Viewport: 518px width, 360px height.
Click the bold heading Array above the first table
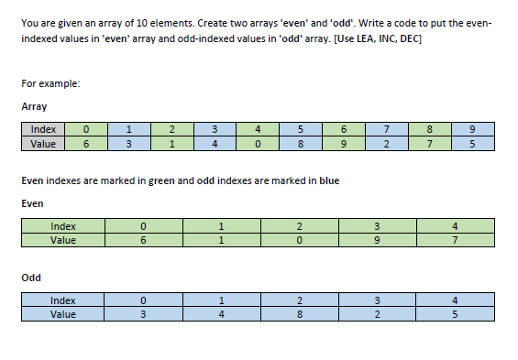34,107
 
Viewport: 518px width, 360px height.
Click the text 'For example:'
50,84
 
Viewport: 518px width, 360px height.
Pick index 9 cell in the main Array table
471,130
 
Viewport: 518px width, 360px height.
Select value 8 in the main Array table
299,144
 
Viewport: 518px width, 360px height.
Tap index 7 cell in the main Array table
386,130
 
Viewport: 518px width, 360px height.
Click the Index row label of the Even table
63,226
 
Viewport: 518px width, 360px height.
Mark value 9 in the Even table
376,240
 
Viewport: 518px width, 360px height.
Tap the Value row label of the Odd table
63,314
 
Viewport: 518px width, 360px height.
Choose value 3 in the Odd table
143,314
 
